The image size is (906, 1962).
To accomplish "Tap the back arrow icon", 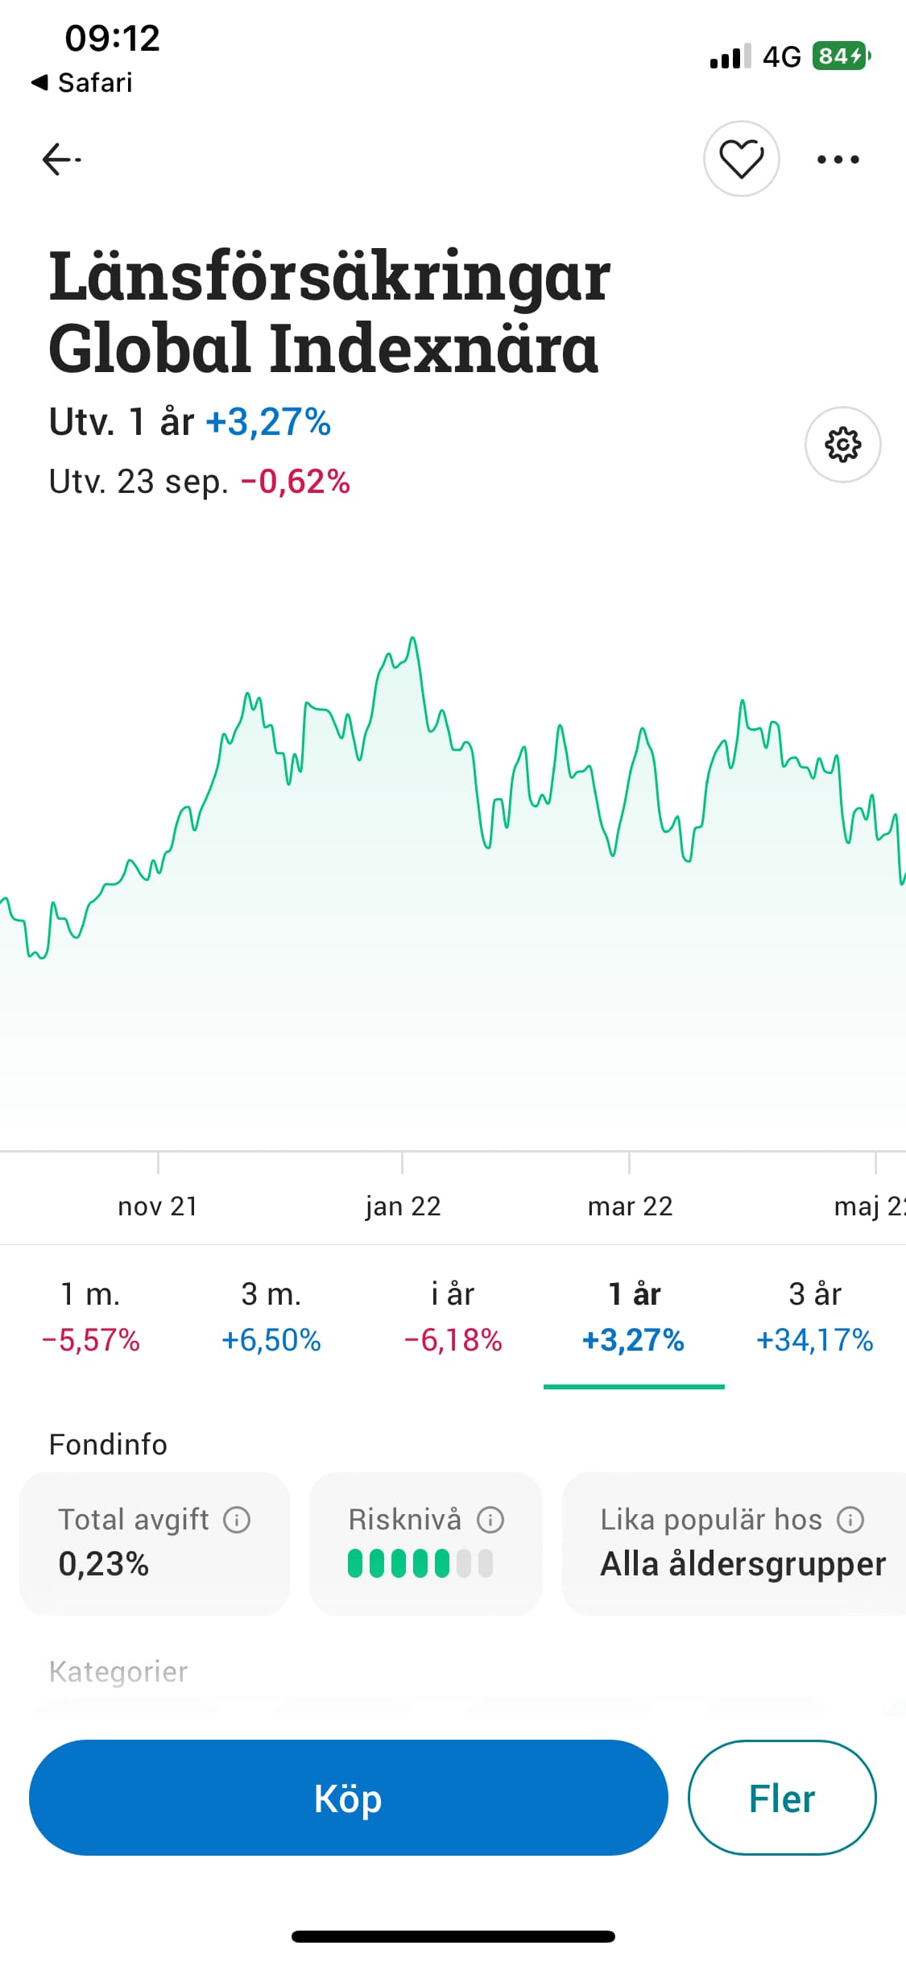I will tap(61, 159).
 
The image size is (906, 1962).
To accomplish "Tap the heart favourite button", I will tap(741, 159).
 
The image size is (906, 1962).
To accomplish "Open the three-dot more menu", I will tap(838, 159).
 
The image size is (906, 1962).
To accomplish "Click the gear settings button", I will tap(842, 445).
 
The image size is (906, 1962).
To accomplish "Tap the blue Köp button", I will tap(348, 1798).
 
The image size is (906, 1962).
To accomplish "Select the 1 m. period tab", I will tap(90, 1316).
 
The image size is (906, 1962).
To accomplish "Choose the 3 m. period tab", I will tap(271, 1316).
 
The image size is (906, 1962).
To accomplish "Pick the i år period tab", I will tap(453, 1316).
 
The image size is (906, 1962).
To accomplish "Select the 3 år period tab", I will tap(814, 1316).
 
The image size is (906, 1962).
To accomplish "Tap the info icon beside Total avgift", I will tap(237, 1520).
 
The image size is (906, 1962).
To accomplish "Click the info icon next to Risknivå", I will tap(490, 1520).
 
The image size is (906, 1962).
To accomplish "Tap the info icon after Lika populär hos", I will tap(850, 1520).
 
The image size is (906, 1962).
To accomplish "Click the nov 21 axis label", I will tap(158, 1206).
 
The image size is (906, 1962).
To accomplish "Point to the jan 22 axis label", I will tap(403, 1206).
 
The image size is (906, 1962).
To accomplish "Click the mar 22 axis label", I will tap(630, 1206).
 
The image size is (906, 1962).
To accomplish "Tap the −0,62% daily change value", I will tap(296, 482).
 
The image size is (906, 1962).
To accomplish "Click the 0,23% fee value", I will tap(103, 1564).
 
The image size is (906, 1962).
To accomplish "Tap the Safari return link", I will tap(82, 82).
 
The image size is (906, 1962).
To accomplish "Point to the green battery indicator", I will tap(841, 56).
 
